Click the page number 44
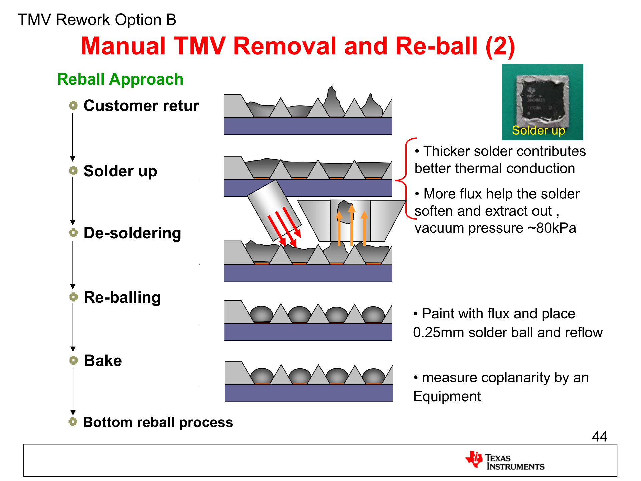click(599, 436)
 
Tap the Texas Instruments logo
click(505, 461)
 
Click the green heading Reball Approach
click(120, 79)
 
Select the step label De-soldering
click(132, 233)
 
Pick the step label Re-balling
click(122, 297)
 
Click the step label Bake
click(103, 361)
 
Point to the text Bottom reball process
click(158, 422)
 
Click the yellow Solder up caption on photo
click(538, 130)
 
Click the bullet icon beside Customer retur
click(73, 106)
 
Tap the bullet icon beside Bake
click(73, 360)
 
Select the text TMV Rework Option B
click(97, 20)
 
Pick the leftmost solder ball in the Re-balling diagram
click(261, 314)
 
